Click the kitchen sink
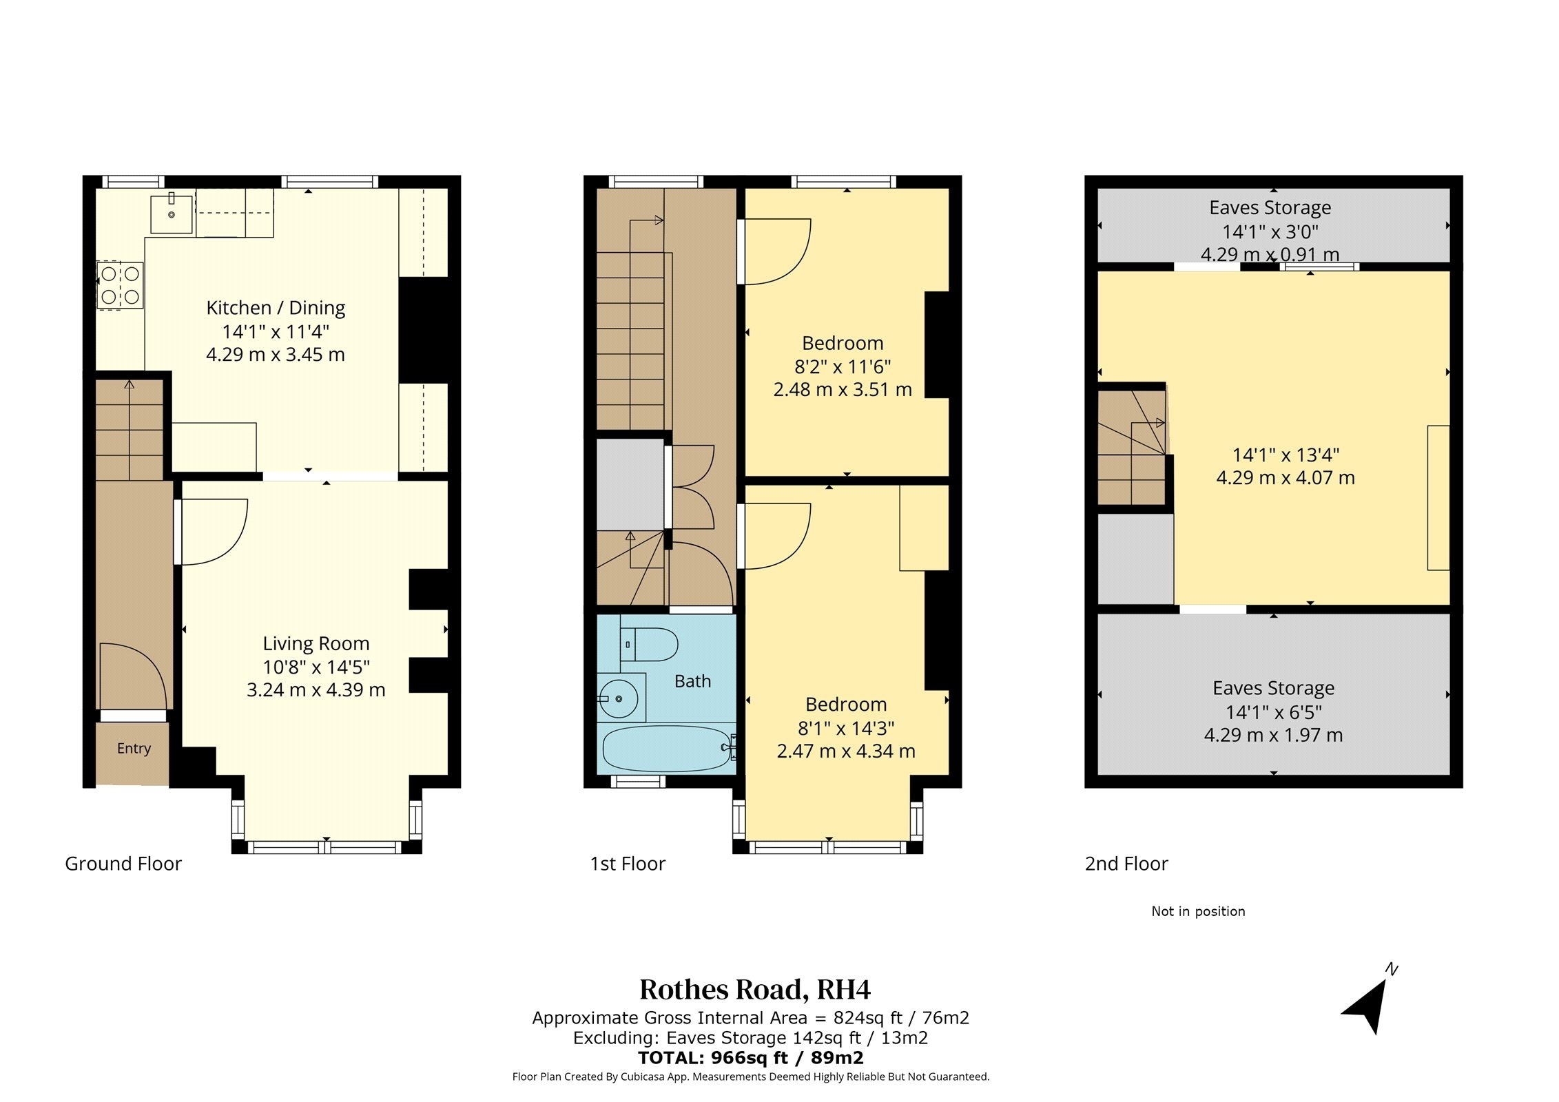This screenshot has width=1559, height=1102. [x=172, y=214]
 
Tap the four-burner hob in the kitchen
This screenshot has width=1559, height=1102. [x=120, y=285]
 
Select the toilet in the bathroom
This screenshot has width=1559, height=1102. [x=649, y=645]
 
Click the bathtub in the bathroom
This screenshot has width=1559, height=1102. [x=666, y=748]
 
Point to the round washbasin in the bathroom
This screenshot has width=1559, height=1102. [x=619, y=699]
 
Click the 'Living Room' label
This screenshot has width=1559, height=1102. [x=316, y=643]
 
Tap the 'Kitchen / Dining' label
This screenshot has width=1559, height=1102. [x=276, y=308]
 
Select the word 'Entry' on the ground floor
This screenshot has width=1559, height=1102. [x=134, y=749]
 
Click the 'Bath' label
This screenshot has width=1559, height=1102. [x=692, y=681]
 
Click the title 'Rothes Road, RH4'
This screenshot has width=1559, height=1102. [x=755, y=990]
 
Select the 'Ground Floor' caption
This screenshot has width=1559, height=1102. [x=123, y=864]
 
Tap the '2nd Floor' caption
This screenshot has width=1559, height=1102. [x=1126, y=864]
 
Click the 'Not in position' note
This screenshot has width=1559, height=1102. [x=1198, y=911]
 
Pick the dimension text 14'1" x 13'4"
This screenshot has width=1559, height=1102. [x=1286, y=455]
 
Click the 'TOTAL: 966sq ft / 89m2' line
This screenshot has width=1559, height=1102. [x=750, y=1058]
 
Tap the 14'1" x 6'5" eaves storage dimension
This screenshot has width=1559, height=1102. [x=1273, y=712]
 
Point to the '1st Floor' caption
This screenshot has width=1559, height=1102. [x=628, y=864]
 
